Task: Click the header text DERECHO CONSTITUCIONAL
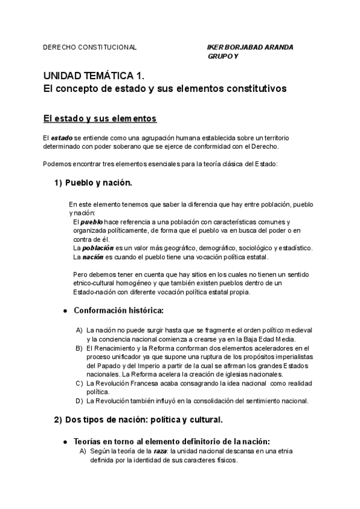(x=90, y=47)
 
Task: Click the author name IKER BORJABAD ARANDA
(x=250, y=47)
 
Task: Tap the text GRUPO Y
(x=223, y=56)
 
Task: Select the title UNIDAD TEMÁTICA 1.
(x=94, y=76)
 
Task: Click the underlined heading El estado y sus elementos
(x=100, y=117)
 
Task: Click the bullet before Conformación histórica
(x=65, y=311)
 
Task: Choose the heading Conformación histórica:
(x=118, y=310)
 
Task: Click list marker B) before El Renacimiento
(x=79, y=348)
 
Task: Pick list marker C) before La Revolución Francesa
(x=79, y=383)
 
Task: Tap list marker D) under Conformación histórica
(x=79, y=400)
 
